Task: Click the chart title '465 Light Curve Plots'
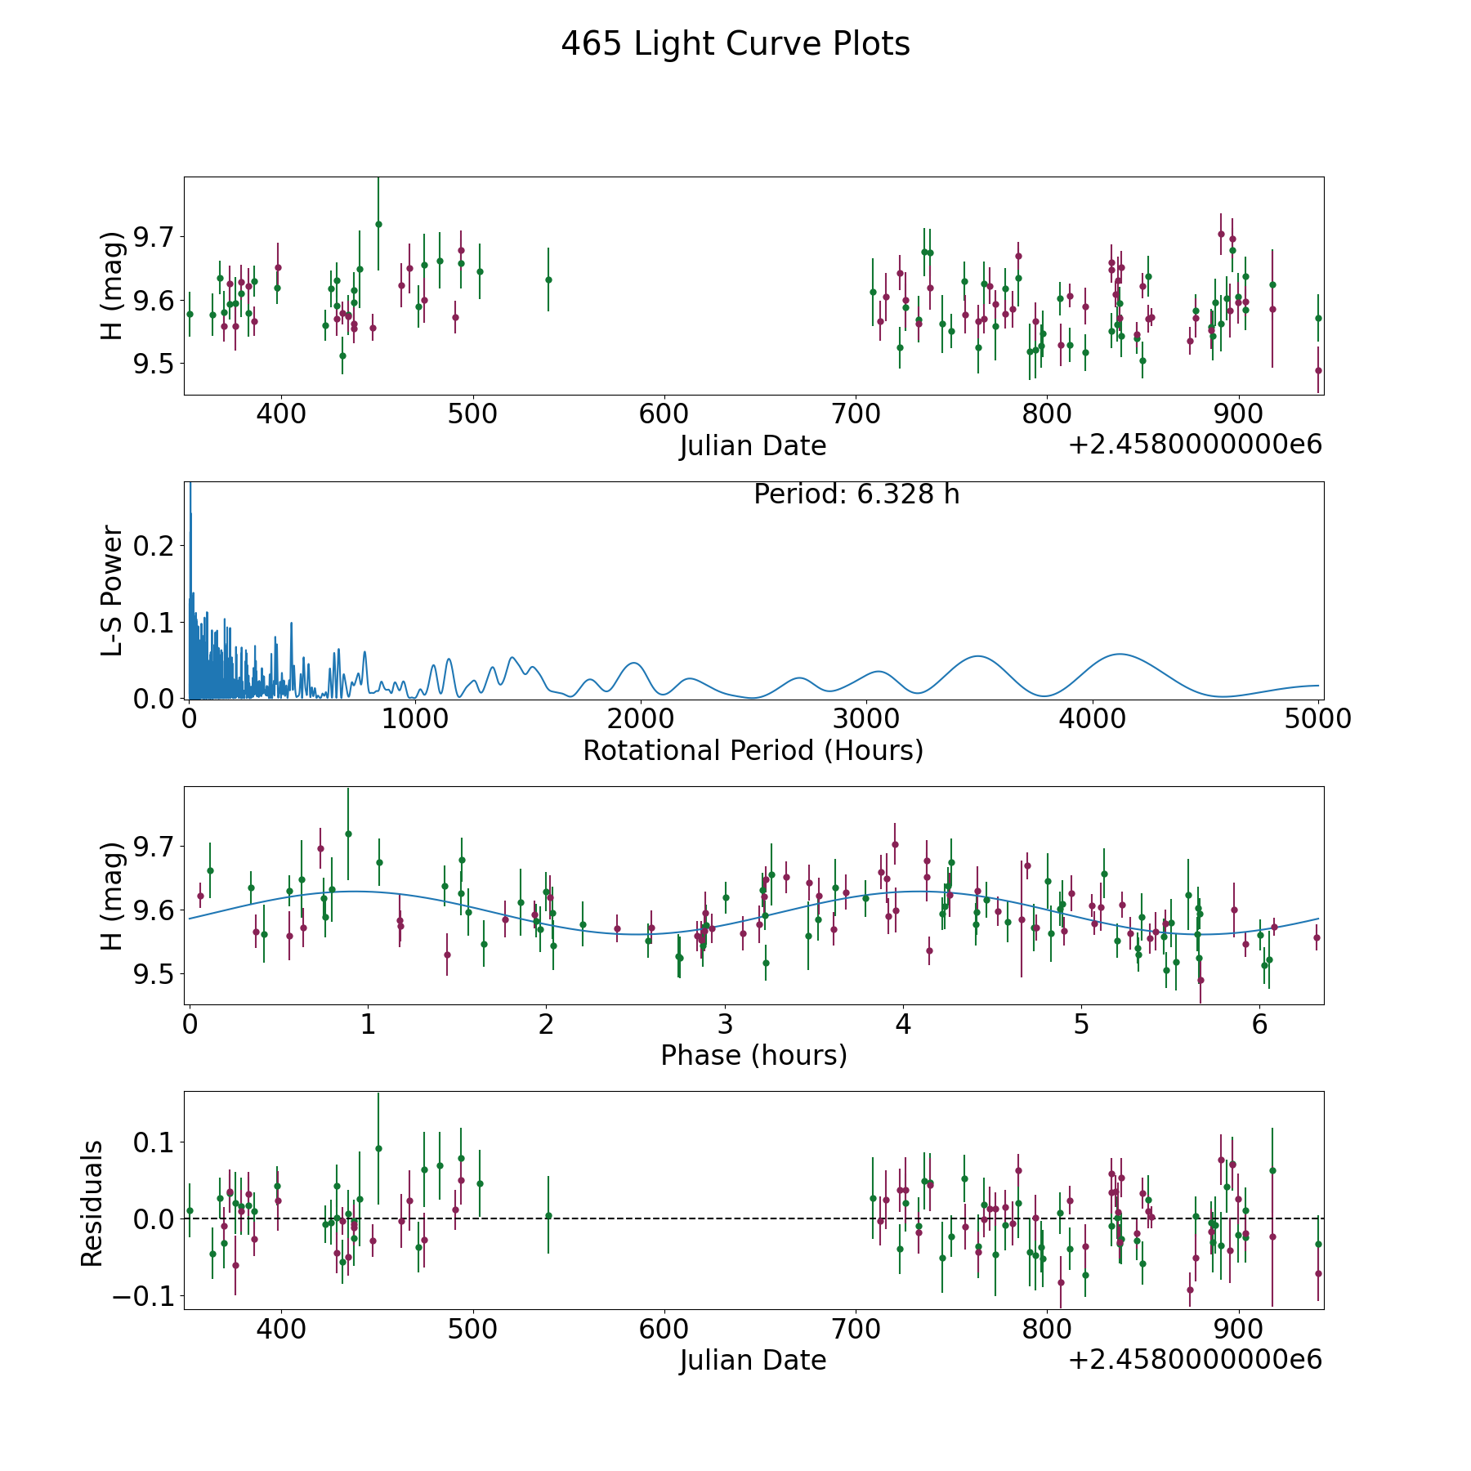click(x=735, y=44)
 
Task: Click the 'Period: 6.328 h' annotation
click(x=856, y=494)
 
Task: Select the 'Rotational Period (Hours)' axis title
click(x=753, y=750)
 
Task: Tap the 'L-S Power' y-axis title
click(x=113, y=590)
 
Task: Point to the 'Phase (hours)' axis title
click(x=753, y=1055)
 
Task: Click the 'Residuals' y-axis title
click(x=92, y=1203)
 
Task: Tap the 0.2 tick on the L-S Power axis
click(x=155, y=546)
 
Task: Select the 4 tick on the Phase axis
click(x=902, y=1025)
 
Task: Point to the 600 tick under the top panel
click(x=663, y=414)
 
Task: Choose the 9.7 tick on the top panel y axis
click(x=155, y=238)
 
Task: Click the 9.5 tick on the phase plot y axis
click(x=155, y=974)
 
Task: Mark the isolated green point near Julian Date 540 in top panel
click(x=548, y=279)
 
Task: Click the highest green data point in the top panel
click(x=378, y=224)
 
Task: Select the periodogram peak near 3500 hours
click(x=977, y=656)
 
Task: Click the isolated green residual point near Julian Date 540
click(x=548, y=1215)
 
